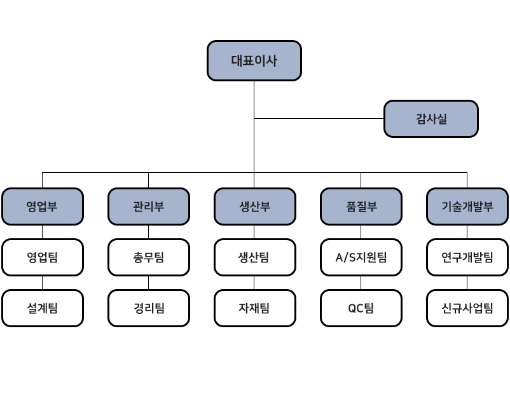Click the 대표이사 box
(x=254, y=61)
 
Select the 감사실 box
(x=431, y=119)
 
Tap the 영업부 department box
(x=43, y=207)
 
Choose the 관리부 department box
(x=149, y=207)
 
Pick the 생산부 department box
(x=255, y=207)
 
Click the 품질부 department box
(x=361, y=207)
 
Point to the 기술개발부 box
(x=467, y=207)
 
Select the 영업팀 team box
(x=43, y=257)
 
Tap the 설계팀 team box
(x=43, y=308)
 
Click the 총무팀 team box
(x=149, y=257)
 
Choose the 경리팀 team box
(x=149, y=308)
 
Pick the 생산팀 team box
(x=255, y=257)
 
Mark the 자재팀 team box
(x=255, y=308)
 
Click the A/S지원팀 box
(x=361, y=257)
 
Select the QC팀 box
(x=361, y=308)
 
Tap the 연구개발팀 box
(x=467, y=257)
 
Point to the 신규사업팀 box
(x=467, y=308)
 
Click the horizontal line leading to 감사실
(x=319, y=119)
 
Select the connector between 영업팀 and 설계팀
(x=42, y=283)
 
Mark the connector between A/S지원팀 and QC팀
(x=361, y=283)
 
